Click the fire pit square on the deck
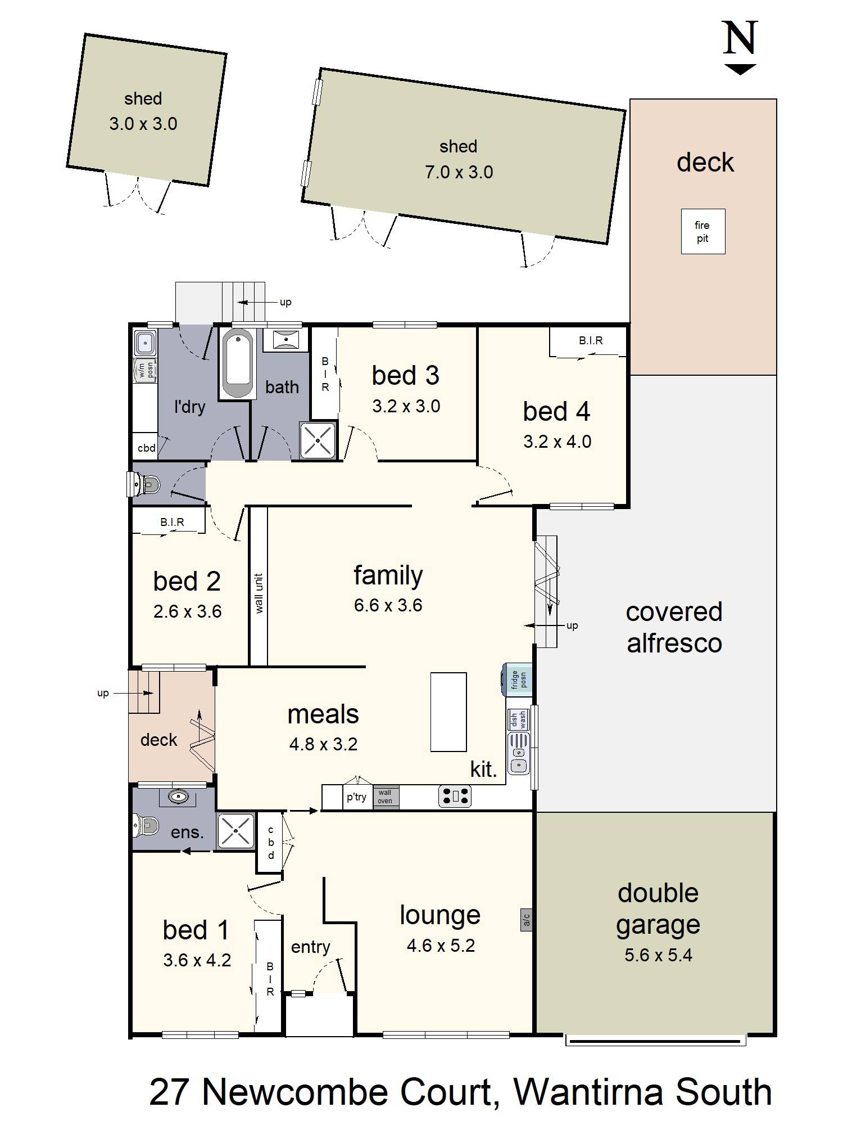click(703, 231)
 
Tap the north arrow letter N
click(740, 38)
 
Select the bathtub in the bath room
click(237, 363)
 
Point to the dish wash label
click(518, 720)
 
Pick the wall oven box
click(386, 796)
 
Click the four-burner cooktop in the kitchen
click(455, 796)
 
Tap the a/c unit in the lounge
click(527, 920)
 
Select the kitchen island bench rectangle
click(448, 712)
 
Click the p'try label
click(356, 797)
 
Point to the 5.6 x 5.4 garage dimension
click(658, 955)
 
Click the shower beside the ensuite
click(236, 831)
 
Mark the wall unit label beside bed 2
click(259, 593)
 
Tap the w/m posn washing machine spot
click(145, 370)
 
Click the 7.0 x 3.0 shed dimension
click(459, 172)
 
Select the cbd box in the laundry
click(146, 448)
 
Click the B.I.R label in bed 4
click(591, 340)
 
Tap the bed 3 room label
click(405, 375)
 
